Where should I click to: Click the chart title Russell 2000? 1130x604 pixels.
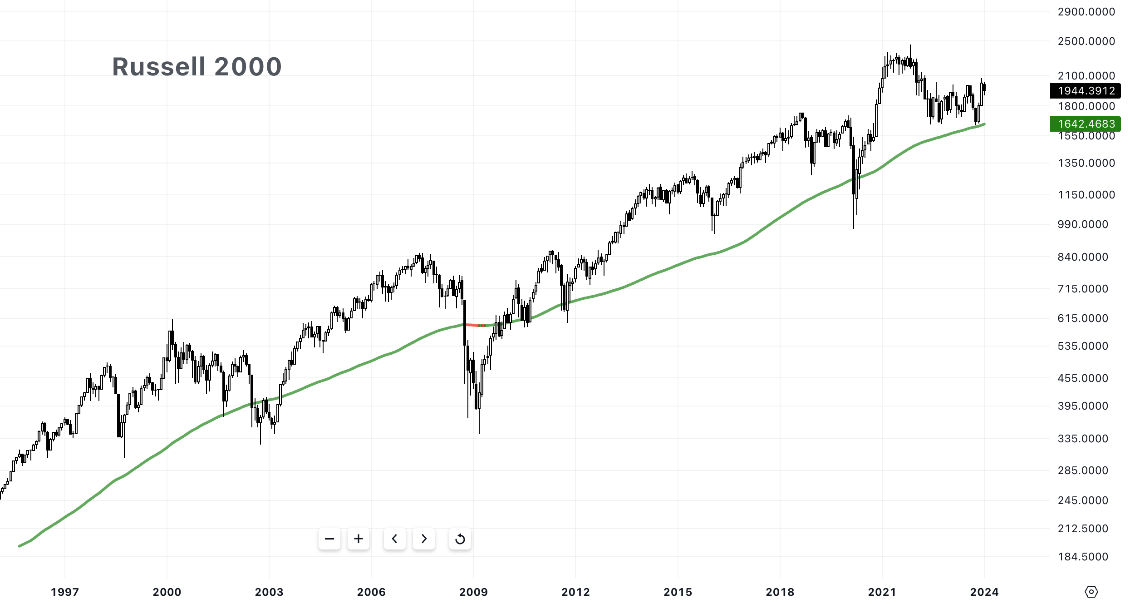(x=197, y=67)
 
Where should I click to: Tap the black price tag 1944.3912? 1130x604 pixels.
(x=1085, y=91)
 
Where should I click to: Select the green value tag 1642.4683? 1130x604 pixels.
(x=1085, y=124)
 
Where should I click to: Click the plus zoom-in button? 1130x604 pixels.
(x=359, y=539)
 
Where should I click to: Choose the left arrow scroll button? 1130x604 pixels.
(x=395, y=539)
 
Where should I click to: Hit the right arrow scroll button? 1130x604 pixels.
(x=424, y=539)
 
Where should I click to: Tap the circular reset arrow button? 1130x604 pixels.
(x=460, y=539)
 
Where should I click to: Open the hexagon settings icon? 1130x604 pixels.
(x=1091, y=592)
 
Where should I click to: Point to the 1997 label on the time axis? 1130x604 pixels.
(x=65, y=592)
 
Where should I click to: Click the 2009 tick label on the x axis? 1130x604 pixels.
(x=473, y=592)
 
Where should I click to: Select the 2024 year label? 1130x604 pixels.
(x=984, y=592)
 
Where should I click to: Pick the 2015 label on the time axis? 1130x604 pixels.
(x=678, y=592)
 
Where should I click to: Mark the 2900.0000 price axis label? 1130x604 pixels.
(x=1086, y=12)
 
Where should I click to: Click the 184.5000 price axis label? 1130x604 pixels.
(x=1083, y=557)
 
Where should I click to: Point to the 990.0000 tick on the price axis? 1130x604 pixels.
(x=1083, y=224)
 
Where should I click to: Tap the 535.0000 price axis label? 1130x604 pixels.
(x=1083, y=346)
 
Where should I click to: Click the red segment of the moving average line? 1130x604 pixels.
(x=472, y=325)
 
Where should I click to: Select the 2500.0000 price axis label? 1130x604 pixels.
(x=1086, y=41)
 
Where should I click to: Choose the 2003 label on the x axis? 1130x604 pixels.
(x=269, y=592)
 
